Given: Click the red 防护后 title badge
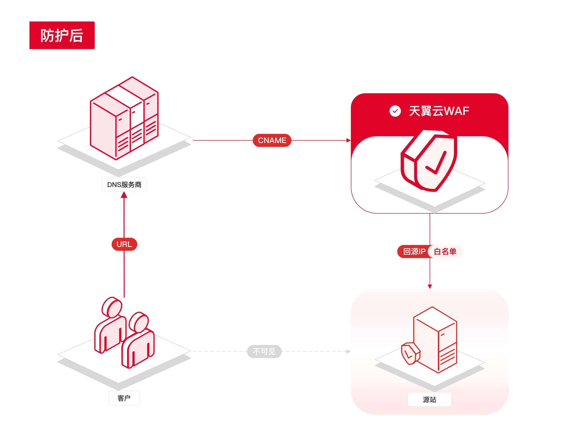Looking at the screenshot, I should click(62, 35).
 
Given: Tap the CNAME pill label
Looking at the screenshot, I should click(272, 140).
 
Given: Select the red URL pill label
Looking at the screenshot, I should click(124, 244).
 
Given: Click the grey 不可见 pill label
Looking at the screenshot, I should click(264, 352).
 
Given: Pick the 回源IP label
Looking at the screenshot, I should click(414, 252).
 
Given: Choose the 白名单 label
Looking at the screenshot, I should click(445, 252).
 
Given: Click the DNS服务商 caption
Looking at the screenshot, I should click(124, 185).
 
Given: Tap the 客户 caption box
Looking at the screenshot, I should click(124, 398).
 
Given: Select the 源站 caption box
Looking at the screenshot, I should click(429, 399).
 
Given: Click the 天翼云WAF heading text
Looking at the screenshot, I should click(439, 111).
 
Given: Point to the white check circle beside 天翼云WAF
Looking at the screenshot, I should click(395, 111).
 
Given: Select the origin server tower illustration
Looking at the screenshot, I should click(435, 340).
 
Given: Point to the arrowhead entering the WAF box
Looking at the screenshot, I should click(349, 140).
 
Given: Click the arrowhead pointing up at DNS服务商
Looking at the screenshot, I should click(124, 195).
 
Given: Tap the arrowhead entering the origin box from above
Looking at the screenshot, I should click(430, 287).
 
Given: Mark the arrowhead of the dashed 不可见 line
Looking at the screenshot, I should click(349, 352).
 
